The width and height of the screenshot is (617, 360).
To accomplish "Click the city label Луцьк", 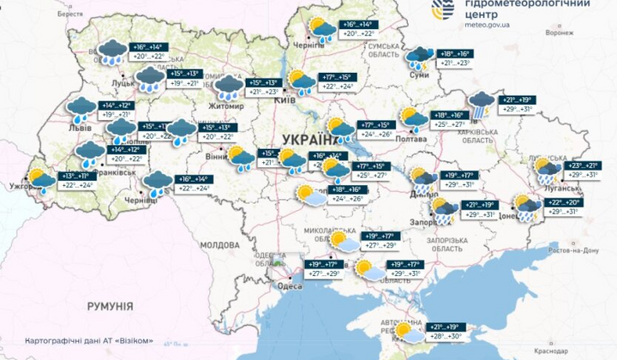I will [122, 82].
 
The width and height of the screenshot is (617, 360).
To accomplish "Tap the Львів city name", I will [80, 126].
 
